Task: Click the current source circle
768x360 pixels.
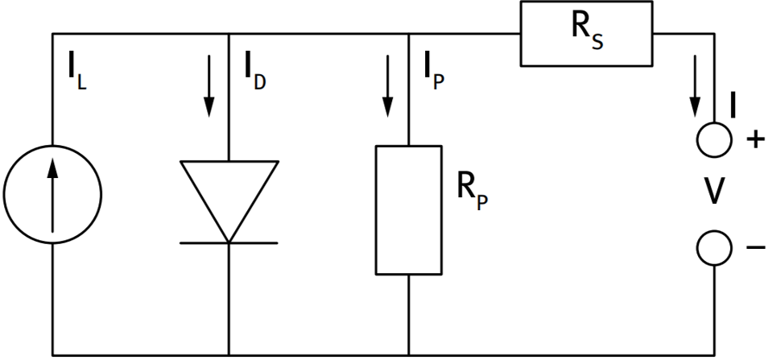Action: click(x=52, y=194)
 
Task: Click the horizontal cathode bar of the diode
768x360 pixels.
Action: click(x=229, y=242)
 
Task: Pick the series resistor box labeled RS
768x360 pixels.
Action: click(x=586, y=35)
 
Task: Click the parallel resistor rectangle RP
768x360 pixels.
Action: click(x=409, y=210)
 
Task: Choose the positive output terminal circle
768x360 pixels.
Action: click(x=715, y=140)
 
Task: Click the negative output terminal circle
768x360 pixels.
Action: click(x=715, y=248)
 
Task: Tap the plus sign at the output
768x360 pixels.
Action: click(x=756, y=140)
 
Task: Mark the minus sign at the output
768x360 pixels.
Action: click(x=756, y=248)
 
